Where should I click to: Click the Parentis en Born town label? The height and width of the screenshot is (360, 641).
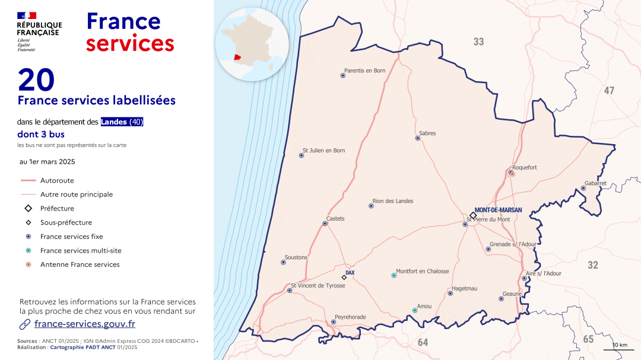[x=364, y=71]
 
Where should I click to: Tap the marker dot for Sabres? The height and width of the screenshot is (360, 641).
[x=418, y=138]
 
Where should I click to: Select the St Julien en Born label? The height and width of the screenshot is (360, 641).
[x=323, y=151]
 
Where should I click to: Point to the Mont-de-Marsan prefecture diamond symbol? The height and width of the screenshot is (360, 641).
[x=473, y=215]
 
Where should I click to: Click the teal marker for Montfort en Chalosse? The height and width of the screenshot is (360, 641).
[x=394, y=275]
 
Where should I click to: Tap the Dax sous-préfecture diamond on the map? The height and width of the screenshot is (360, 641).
[x=344, y=277]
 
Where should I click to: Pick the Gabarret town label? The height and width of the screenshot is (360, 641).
[x=595, y=183]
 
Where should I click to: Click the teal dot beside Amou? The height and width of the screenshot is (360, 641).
[x=415, y=310]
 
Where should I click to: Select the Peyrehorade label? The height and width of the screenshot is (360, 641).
[x=350, y=317]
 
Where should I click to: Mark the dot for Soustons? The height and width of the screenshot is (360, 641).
[x=283, y=262]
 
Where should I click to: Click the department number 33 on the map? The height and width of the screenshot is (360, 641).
[x=478, y=42]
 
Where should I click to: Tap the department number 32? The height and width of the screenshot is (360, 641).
[x=592, y=265]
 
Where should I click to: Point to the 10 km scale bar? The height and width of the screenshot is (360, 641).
[x=619, y=349]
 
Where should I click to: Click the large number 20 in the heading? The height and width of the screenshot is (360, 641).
[x=36, y=80]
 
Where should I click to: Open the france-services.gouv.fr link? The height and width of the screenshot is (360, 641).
[x=84, y=324]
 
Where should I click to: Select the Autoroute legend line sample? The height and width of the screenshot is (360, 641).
[x=28, y=180]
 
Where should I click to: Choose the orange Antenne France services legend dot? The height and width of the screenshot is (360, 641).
[x=28, y=265]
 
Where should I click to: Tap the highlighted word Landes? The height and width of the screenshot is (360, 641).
[x=113, y=122]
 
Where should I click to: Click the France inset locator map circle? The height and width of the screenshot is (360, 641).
[x=252, y=44]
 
